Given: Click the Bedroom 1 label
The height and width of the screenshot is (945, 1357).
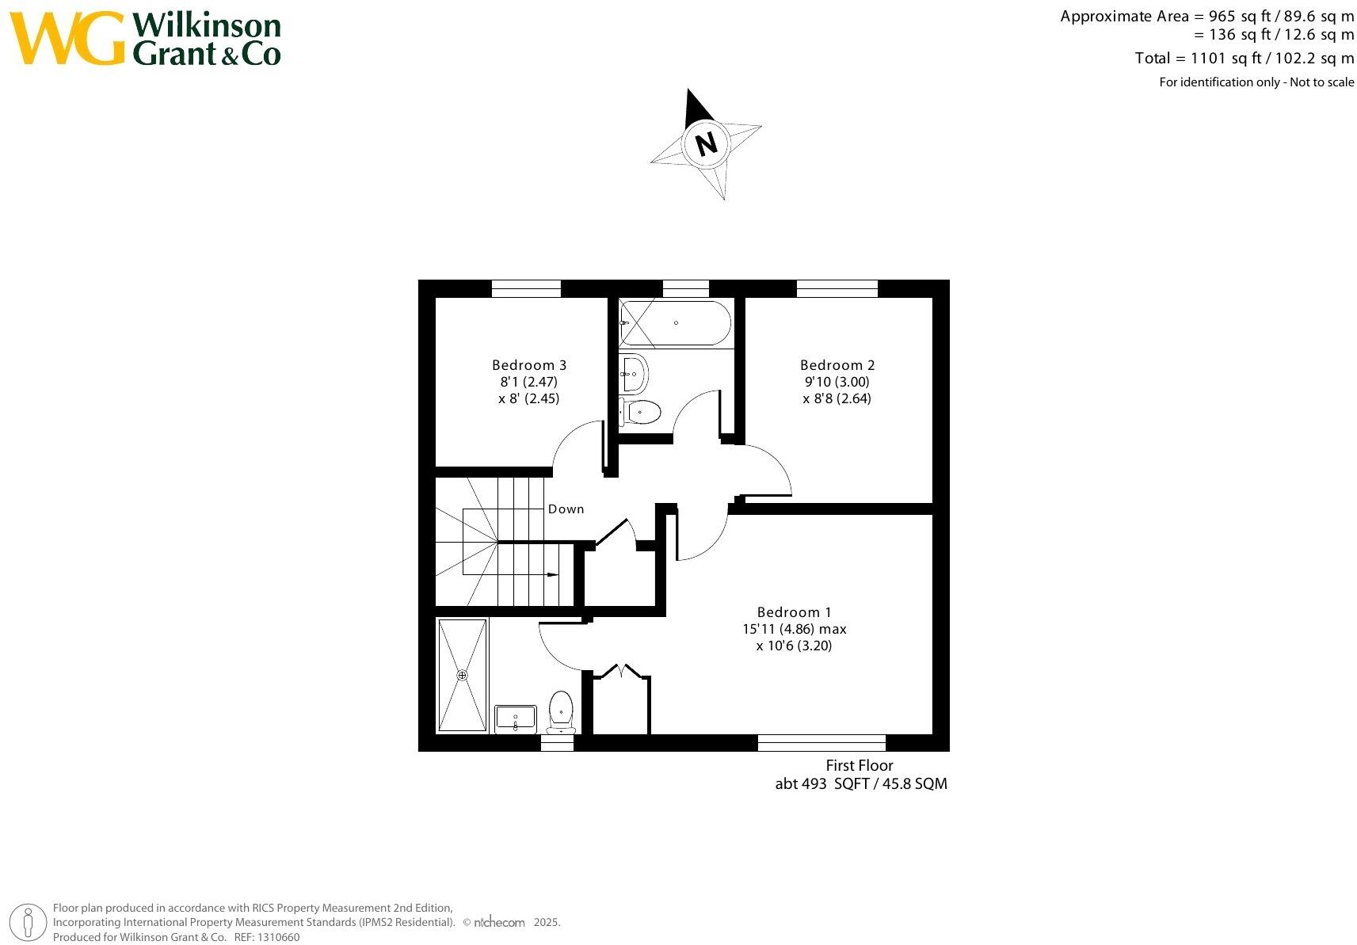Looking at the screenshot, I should (x=794, y=612).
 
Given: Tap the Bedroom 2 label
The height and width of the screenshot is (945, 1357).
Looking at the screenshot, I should (x=837, y=365).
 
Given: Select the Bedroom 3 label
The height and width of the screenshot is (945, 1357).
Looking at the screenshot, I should (x=528, y=365).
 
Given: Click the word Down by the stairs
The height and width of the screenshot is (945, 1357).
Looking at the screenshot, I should (x=566, y=509).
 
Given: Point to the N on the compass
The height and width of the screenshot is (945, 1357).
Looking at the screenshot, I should (x=705, y=144).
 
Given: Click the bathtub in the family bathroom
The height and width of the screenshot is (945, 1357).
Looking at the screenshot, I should (x=674, y=323).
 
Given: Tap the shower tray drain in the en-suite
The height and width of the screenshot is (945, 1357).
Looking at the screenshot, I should (x=462, y=675).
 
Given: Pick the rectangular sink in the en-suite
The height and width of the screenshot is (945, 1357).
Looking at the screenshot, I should (x=515, y=719).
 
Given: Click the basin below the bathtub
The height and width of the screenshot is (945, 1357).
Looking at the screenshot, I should (x=634, y=373).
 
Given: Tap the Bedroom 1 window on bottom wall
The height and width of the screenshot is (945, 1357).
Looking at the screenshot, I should (x=821, y=742).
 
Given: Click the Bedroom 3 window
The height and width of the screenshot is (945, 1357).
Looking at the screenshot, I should (x=526, y=288).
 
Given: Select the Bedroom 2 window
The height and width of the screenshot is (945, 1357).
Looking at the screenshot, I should (x=837, y=288).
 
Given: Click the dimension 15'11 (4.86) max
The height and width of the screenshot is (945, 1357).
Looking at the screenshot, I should (x=794, y=629).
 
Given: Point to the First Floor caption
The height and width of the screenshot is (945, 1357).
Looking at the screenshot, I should (x=859, y=765).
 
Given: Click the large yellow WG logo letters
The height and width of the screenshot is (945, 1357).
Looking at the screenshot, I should (x=67, y=38).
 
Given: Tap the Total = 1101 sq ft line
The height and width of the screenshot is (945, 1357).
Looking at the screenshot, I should (x=1244, y=58).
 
